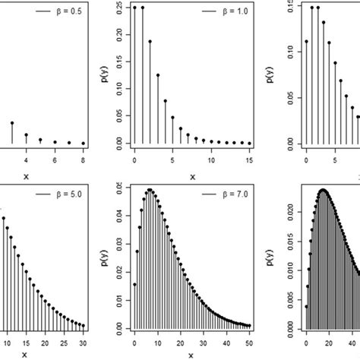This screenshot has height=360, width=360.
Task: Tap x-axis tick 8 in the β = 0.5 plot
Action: click(x=83, y=161)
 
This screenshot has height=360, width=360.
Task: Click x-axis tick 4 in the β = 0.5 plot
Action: click(x=27, y=161)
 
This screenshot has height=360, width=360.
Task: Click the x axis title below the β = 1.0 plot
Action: click(x=191, y=176)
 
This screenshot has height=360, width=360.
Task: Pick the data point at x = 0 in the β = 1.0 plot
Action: click(x=134, y=8)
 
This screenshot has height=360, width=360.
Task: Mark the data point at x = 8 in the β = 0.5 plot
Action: click(x=83, y=143)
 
